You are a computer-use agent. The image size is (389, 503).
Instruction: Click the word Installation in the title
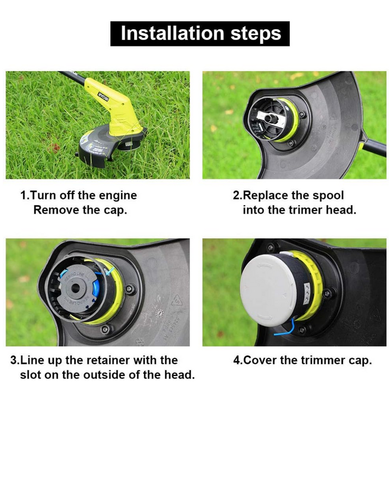172,33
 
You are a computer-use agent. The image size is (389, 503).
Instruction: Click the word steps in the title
256,34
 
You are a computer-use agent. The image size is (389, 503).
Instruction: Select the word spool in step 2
328,196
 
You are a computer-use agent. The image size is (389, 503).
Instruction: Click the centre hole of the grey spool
76,288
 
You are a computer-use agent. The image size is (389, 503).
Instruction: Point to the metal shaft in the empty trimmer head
271,118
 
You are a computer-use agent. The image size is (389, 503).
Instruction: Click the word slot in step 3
30,374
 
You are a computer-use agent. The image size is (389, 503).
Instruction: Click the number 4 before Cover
237,360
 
